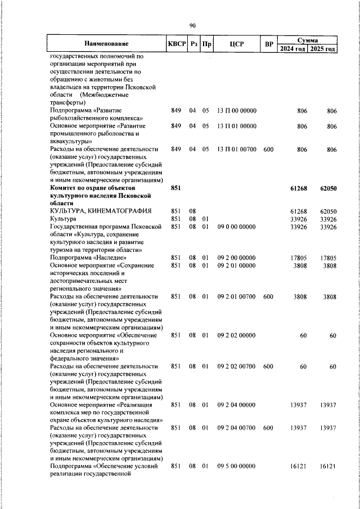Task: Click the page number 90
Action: click(x=192, y=25)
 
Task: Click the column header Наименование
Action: click(x=107, y=44)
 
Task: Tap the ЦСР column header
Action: click(x=236, y=44)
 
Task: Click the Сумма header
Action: click(x=308, y=40)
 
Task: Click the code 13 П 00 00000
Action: click(x=236, y=111)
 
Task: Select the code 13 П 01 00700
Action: click(x=236, y=149)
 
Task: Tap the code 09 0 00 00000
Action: click(x=236, y=227)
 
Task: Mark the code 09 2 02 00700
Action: click(x=236, y=366)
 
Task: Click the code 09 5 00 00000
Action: click(x=236, y=466)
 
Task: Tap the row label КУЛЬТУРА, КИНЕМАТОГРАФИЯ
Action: click(x=100, y=211)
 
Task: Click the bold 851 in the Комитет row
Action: click(x=175, y=188)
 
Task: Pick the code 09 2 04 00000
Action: click(x=236, y=405)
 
